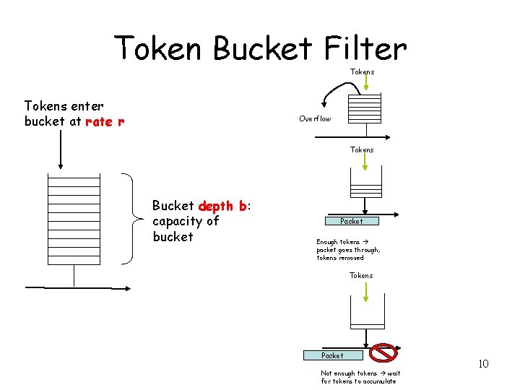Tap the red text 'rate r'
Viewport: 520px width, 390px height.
(x=105, y=121)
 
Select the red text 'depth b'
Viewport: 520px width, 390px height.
(x=222, y=206)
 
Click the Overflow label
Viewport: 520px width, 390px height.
(x=315, y=118)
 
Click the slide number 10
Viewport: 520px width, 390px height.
(x=483, y=363)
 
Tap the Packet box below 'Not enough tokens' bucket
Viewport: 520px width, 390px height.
(x=332, y=355)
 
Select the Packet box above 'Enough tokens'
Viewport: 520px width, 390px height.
(x=352, y=221)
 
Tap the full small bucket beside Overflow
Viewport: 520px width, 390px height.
(x=364, y=108)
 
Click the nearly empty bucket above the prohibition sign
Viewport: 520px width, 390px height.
(x=367, y=316)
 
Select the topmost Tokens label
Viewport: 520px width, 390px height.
(x=362, y=71)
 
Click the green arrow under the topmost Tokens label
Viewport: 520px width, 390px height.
(x=366, y=84)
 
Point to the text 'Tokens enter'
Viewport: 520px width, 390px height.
(x=64, y=106)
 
